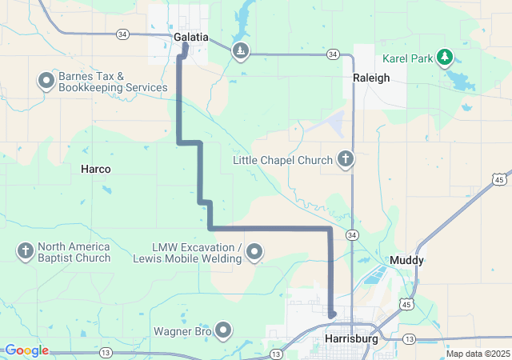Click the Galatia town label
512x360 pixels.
(191, 37)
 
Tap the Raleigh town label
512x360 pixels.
(371, 78)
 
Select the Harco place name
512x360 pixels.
(96, 169)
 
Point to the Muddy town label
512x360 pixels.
(406, 260)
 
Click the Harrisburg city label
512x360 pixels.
(352, 339)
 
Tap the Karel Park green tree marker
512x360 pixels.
(446, 58)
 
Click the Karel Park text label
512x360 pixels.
(407, 58)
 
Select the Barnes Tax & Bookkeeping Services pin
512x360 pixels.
(46, 81)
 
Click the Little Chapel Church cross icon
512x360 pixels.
(345, 159)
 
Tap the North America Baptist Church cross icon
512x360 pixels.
(25, 252)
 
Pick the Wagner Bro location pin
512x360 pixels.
(223, 330)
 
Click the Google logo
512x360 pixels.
(26, 350)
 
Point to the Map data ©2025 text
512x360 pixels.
(477, 354)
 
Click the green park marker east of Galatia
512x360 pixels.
(240, 52)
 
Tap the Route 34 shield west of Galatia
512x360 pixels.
(122, 34)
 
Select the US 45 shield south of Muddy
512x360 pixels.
(407, 305)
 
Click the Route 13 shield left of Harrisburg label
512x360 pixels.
(276, 354)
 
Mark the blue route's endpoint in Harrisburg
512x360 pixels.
(331, 315)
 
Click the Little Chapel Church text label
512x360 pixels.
(282, 160)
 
